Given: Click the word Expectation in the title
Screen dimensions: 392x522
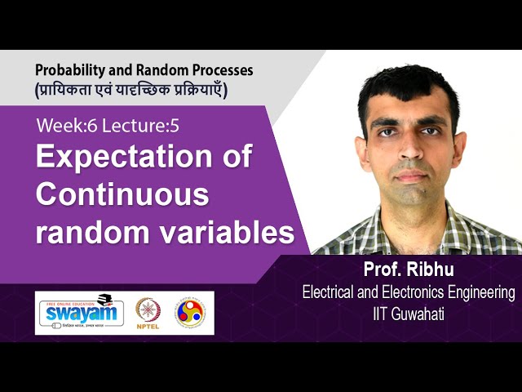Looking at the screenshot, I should click(x=144, y=158).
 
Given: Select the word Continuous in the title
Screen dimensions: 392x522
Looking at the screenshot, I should click(x=123, y=195).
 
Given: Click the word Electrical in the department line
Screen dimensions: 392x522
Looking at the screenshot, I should click(x=330, y=292).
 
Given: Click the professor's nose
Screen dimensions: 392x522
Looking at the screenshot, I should click(x=411, y=151).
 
